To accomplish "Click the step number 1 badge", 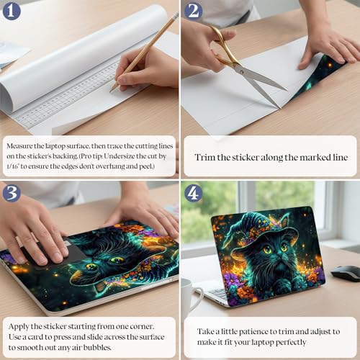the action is coord(12,12).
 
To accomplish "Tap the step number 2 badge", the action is coord(194,12).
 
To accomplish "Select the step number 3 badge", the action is coord(12,193).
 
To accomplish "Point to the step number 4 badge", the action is coord(194,193).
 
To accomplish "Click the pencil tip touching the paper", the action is coord(111,91).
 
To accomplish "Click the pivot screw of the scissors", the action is coord(240,71).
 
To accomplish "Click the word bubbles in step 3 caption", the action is coord(97,347).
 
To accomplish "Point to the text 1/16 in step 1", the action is coord(12,166).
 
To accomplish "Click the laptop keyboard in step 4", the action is coord(218,293).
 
